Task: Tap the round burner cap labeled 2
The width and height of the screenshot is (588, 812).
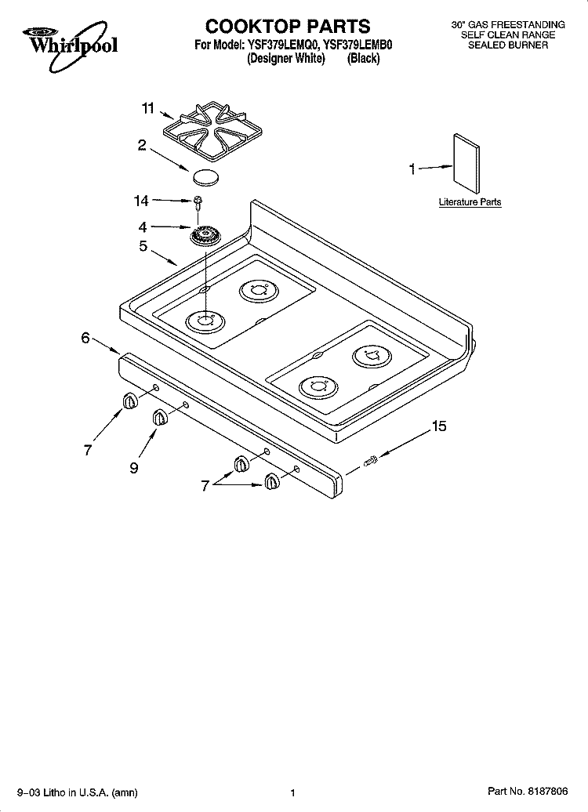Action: pos(205,176)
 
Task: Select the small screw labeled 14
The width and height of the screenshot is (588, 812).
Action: pos(198,201)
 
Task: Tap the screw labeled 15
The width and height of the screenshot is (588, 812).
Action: pos(372,459)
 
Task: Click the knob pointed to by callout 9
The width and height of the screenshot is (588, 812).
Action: pos(160,418)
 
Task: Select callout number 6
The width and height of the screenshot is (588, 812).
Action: pos(85,338)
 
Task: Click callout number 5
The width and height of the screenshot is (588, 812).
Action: pos(143,246)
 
